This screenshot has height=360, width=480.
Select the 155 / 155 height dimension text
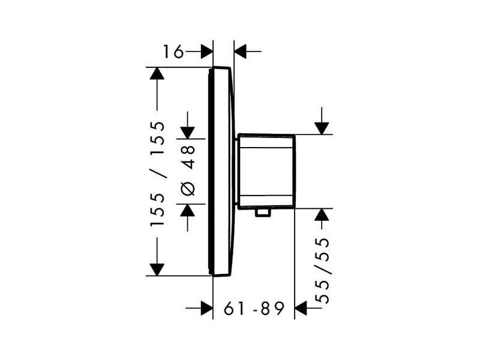[x=157, y=173]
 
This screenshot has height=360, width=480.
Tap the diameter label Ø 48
[x=188, y=170]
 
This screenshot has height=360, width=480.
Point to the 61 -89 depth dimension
[x=254, y=308]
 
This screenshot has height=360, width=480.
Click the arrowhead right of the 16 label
[x=206, y=51]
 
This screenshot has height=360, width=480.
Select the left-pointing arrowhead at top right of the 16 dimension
[x=241, y=51]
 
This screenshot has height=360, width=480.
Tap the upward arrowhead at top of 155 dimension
[x=157, y=73]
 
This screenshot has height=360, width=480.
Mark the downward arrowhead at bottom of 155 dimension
[x=157, y=269]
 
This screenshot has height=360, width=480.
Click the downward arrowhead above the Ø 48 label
[x=187, y=133]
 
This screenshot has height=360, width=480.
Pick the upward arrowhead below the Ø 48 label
[x=187, y=211]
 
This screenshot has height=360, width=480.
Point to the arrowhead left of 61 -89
[x=206, y=308]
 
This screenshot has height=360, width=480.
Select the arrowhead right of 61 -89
[x=301, y=308]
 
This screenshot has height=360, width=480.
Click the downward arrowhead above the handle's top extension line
[x=322, y=128]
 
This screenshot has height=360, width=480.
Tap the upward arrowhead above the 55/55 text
[x=322, y=215]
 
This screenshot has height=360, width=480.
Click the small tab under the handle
[x=263, y=213]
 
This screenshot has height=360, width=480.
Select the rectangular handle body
[x=267, y=172]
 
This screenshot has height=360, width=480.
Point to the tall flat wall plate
[x=221, y=172]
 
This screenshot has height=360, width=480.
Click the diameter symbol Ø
[x=188, y=188]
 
